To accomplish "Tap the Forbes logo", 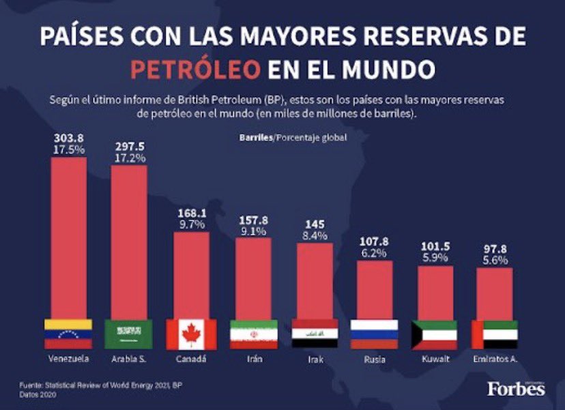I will coord(516,388).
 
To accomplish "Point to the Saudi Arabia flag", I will coord(129,334).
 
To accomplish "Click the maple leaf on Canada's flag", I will coord(191,334).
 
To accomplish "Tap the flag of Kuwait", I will coord(435,334).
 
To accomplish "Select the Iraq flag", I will coord(315,334).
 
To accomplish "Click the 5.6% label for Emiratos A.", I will coord(495,261).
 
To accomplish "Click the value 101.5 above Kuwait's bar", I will coord(435,247).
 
